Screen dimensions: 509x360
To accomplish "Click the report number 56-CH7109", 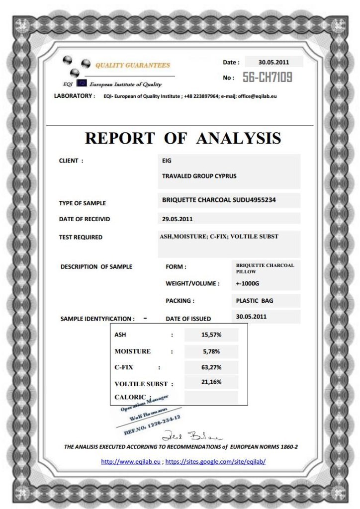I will [267, 77].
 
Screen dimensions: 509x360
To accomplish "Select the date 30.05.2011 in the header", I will [273, 62].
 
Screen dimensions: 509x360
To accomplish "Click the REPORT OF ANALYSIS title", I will [183, 138].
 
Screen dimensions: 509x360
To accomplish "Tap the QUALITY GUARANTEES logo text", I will [132, 65].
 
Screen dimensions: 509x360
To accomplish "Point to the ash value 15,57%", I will [211, 335].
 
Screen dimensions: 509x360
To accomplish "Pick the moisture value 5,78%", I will [211, 351].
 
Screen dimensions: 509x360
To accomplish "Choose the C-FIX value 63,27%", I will [211, 368].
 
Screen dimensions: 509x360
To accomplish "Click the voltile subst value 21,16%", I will [211, 382].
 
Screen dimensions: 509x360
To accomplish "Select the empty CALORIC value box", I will [211, 397].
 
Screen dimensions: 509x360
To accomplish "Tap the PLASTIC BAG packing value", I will [255, 301].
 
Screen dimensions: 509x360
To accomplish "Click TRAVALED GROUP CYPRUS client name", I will [199, 176].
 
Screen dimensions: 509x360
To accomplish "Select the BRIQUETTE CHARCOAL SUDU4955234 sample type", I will [219, 200].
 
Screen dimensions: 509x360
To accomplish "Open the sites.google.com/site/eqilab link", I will [215, 461].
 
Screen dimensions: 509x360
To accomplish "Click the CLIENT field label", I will [71, 161].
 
